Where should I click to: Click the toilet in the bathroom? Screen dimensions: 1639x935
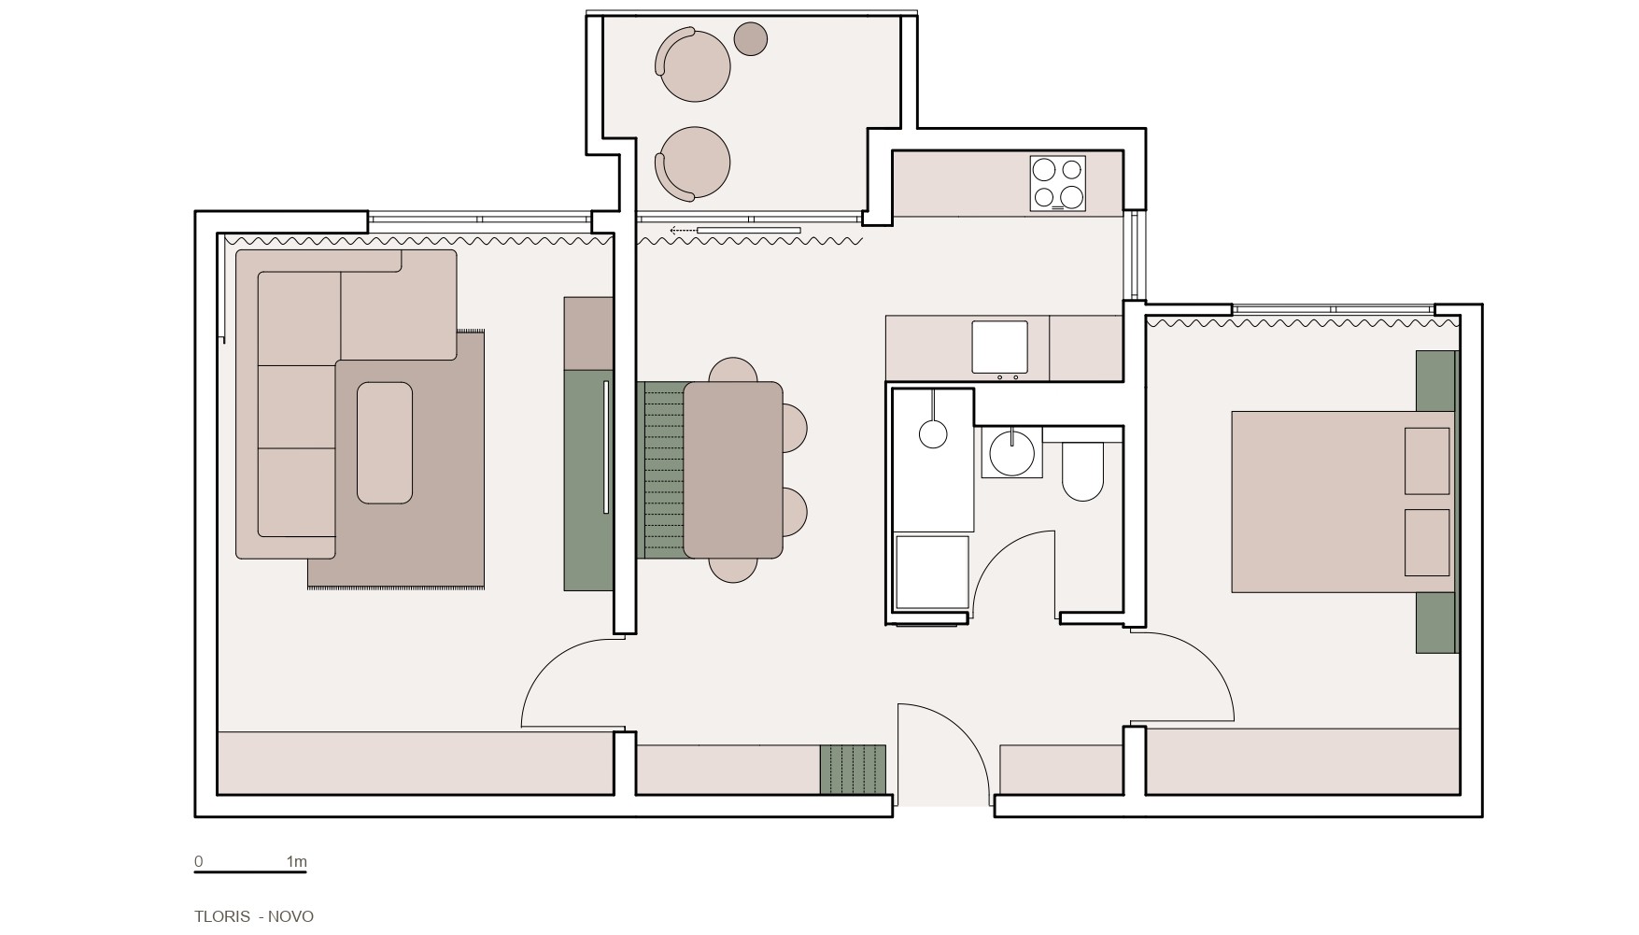pos(1083,472)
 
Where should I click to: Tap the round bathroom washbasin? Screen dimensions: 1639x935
pos(1011,452)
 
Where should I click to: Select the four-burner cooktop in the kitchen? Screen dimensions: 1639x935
pos(1058,183)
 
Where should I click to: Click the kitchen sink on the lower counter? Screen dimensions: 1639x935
pos(999,347)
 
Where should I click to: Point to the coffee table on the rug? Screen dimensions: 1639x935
pos(385,443)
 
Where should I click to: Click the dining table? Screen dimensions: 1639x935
pos(733,470)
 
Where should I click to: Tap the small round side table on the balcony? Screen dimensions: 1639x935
pos(751,39)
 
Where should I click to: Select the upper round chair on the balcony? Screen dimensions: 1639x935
pos(692,65)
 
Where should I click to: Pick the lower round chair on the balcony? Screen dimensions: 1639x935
pos(692,163)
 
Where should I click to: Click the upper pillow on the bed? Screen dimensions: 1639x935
pos(1427,460)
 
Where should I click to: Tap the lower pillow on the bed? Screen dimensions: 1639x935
pos(1427,543)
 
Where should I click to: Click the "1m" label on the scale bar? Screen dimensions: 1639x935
pos(296,862)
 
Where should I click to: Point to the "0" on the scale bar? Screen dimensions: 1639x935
pos(199,862)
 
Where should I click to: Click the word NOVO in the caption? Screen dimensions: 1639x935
pos(290,916)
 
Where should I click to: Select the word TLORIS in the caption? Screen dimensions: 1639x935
pos(222,916)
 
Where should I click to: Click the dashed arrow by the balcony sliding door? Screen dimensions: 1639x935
pos(683,230)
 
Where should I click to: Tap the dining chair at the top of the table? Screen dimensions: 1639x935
pos(733,370)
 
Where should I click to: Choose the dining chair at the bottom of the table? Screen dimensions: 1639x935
pos(733,570)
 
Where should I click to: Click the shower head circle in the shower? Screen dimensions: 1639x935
pos(933,433)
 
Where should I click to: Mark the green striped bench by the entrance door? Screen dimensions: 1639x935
pos(853,770)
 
